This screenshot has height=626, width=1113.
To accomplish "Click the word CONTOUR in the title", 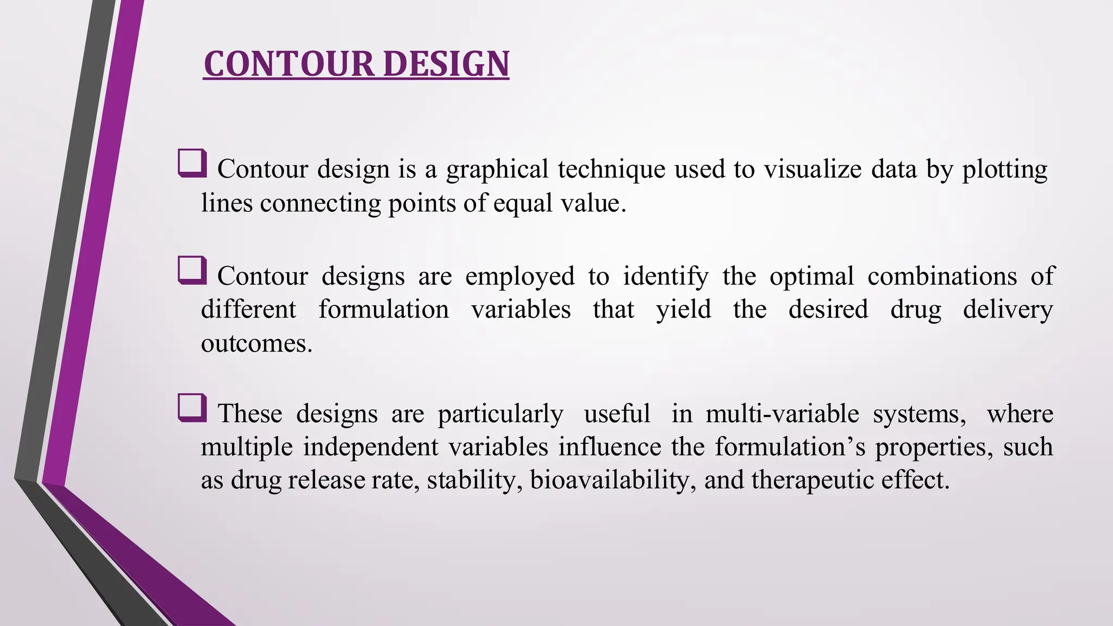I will click(x=289, y=64).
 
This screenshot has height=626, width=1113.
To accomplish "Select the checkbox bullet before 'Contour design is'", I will click(x=192, y=163).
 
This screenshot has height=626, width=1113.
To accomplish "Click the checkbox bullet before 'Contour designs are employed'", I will click(x=192, y=270).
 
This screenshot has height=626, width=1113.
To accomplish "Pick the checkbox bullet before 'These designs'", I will click(x=192, y=408).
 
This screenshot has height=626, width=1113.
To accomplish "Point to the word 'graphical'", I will click(x=497, y=170).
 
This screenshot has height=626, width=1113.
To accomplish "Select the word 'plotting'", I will click(x=1004, y=170).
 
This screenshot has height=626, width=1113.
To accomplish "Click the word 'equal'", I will click(x=523, y=204).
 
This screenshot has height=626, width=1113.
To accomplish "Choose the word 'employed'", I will click(x=520, y=277).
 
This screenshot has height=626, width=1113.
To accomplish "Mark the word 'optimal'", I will click(x=811, y=277).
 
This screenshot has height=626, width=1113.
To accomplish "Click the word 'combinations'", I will click(x=942, y=277).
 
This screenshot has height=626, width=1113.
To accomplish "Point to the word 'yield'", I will click(x=683, y=310).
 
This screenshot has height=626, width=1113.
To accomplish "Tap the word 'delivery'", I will click(x=1008, y=310).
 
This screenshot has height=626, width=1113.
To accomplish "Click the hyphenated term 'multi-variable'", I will click(x=782, y=414).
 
